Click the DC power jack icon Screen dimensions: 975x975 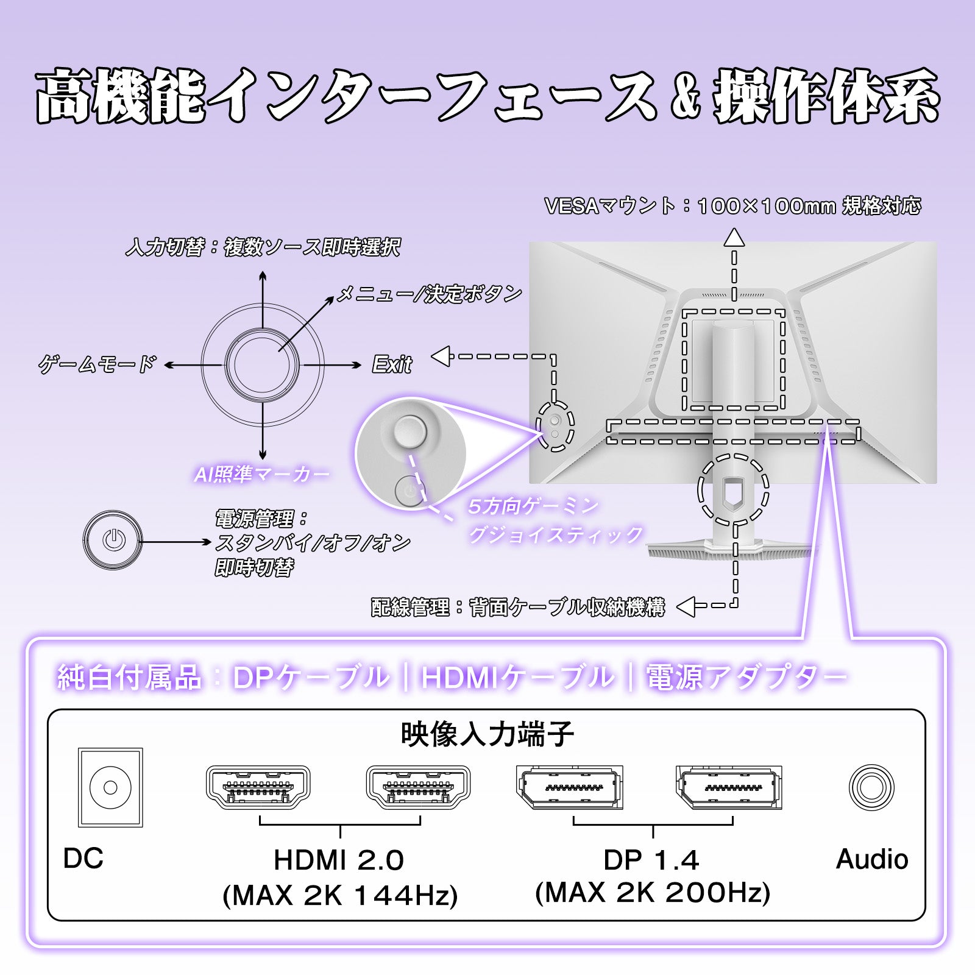[110, 787]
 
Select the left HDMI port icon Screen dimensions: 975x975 [258, 787]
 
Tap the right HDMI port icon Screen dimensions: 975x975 [418, 787]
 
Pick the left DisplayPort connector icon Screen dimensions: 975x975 [569, 787]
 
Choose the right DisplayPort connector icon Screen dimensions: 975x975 [729, 787]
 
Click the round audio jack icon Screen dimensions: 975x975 [871, 787]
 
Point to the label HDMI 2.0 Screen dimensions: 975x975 [339, 860]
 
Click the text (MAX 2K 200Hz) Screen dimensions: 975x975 [653, 893]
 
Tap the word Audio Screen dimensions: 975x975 [871, 859]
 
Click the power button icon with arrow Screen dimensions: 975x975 [113, 540]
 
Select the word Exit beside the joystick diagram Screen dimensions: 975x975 [392, 365]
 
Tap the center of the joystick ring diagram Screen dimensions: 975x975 [262, 364]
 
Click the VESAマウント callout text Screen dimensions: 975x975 [732, 206]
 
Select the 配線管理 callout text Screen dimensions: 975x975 [518, 607]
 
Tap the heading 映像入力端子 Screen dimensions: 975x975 [487, 734]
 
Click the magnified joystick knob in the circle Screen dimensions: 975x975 [410, 431]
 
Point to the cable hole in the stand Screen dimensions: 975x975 [732, 490]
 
